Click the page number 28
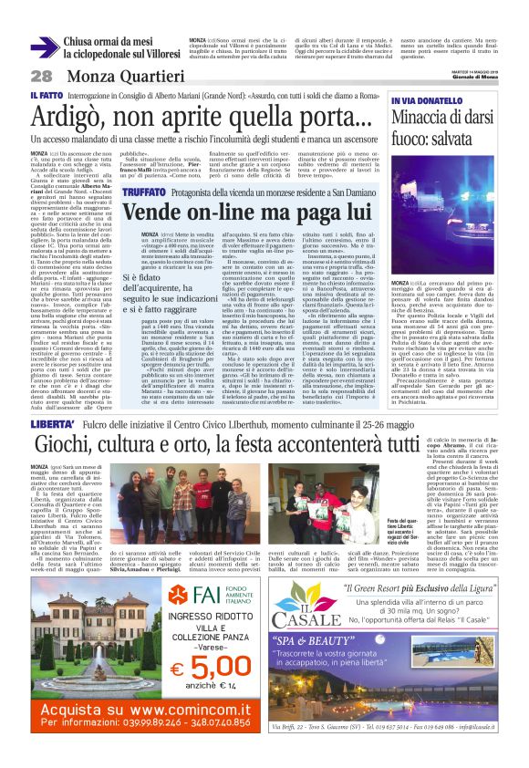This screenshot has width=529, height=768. tap(41, 76)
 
